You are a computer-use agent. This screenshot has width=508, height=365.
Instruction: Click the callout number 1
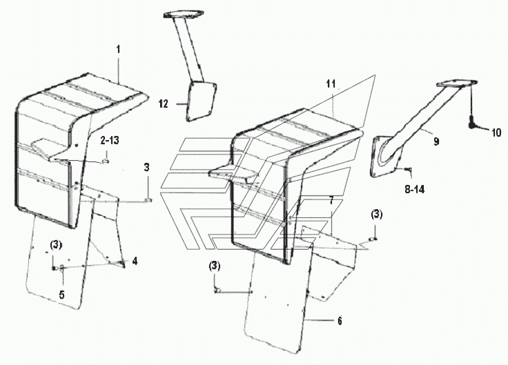pos(118,50)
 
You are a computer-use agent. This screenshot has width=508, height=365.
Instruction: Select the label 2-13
pos(110,140)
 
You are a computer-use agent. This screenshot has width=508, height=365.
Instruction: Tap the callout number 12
pos(164,104)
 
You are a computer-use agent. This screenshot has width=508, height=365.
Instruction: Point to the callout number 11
pos(331,84)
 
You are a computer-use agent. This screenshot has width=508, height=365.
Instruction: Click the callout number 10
pos(496,132)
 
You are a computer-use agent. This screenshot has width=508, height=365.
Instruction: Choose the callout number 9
pos(436,141)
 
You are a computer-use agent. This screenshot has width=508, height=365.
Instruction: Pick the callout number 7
pos(331,201)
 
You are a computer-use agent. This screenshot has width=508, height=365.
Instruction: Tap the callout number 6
pos(340,321)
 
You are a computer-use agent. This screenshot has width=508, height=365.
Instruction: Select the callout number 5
pos(62,295)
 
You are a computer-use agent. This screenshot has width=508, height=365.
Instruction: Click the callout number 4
pos(135,261)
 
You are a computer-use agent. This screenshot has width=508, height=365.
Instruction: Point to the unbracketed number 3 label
pos(147,168)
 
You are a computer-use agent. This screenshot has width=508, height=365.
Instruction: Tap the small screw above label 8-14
pos(408,168)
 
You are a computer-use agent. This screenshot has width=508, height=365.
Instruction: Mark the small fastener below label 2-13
pos(106,161)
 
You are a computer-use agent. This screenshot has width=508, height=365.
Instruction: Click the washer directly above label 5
pos(62,268)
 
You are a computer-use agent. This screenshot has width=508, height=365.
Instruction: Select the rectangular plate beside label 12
pos(201,101)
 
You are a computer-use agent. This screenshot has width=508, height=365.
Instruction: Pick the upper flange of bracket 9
pos(457,83)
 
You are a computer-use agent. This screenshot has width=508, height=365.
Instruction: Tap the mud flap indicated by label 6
pos(277,298)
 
